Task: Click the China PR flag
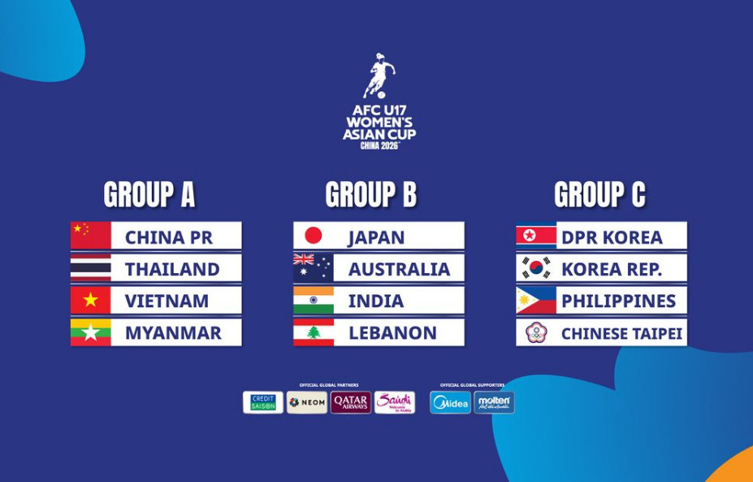pyautogui.click(x=90, y=236)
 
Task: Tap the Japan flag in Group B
pyautogui.click(x=314, y=236)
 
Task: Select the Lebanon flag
pyautogui.click(x=314, y=332)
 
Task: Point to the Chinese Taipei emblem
pyautogui.click(x=536, y=332)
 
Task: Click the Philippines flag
pyautogui.click(x=536, y=301)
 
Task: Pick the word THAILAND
pyautogui.click(x=172, y=269)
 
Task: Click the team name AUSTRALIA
pyautogui.click(x=399, y=269)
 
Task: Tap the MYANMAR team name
pyautogui.click(x=173, y=332)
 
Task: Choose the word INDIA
pyautogui.click(x=376, y=301)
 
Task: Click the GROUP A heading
pyautogui.click(x=149, y=195)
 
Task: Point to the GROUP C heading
pyautogui.click(x=599, y=195)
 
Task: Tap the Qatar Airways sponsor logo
pyautogui.click(x=351, y=402)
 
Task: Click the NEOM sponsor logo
pyautogui.click(x=307, y=402)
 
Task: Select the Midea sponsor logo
pyautogui.click(x=450, y=402)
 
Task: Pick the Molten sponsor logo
pyautogui.click(x=494, y=402)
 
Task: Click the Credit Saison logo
pyautogui.click(x=263, y=402)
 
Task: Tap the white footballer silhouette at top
pyautogui.click(x=379, y=76)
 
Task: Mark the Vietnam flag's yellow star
pyautogui.click(x=90, y=301)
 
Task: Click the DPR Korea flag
pyautogui.click(x=536, y=236)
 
